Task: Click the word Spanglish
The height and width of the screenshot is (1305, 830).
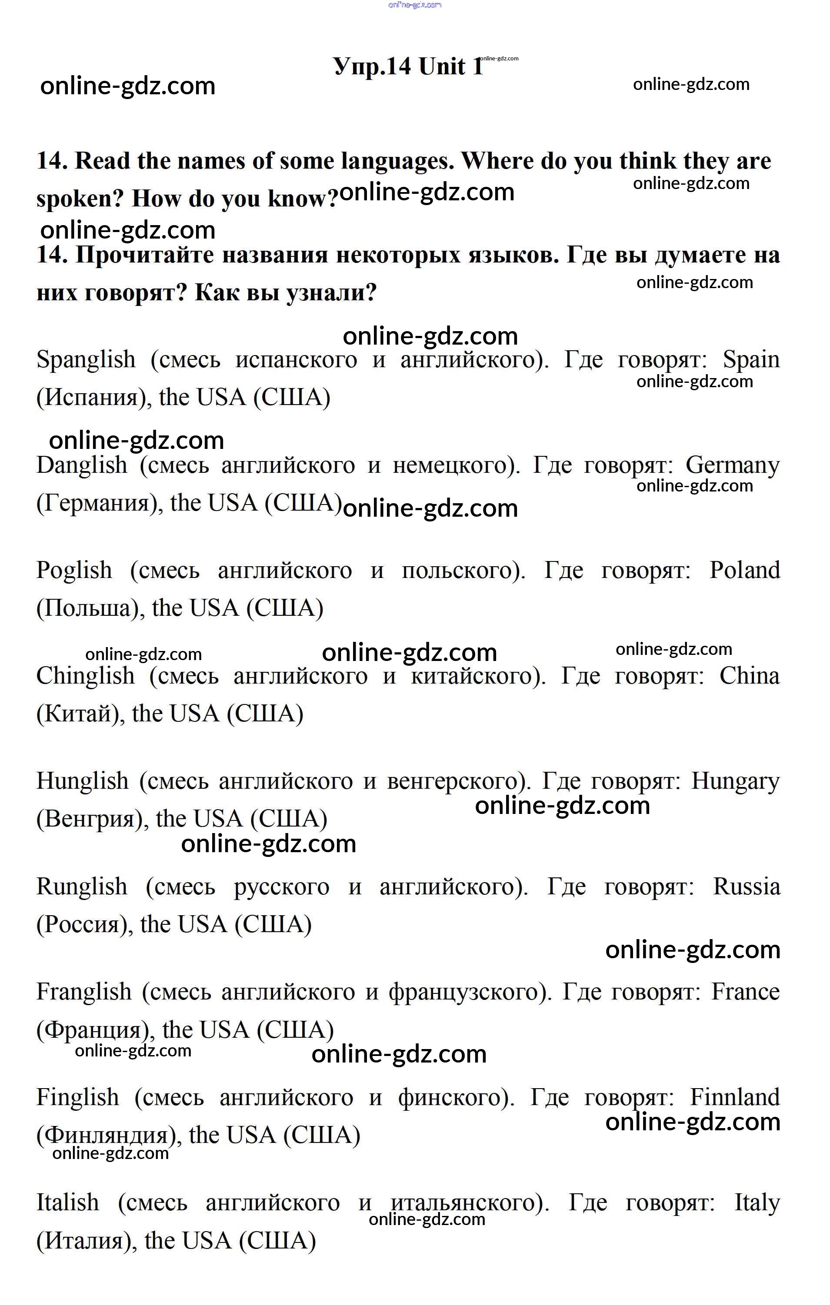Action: coord(86,360)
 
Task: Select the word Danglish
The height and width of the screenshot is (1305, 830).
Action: coord(81,465)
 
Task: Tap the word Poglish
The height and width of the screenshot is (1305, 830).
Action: coord(74,571)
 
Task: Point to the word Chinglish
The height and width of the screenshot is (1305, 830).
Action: coord(85,676)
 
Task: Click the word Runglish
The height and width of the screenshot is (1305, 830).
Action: coord(82,887)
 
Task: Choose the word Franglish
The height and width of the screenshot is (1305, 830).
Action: coord(83,992)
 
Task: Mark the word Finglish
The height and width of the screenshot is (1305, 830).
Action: coord(77,1097)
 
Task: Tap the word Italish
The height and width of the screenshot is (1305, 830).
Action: coord(68,1202)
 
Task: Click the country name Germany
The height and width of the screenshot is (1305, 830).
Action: coord(733,465)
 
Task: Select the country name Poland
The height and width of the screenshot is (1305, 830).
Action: coord(744,571)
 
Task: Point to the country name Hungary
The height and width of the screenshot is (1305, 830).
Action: coord(735,781)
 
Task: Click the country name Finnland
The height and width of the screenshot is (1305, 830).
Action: coord(735,1097)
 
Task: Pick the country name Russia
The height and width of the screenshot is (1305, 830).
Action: coord(746,887)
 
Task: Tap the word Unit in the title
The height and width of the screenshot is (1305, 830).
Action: coord(442,66)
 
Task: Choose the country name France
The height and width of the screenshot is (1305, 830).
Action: coord(745,992)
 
